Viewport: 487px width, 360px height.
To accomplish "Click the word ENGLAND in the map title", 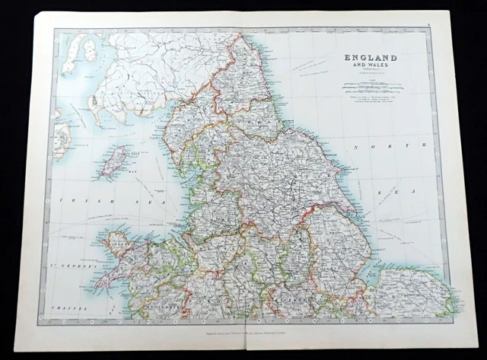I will [371, 57].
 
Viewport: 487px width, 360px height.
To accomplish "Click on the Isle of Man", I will [114, 161].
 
